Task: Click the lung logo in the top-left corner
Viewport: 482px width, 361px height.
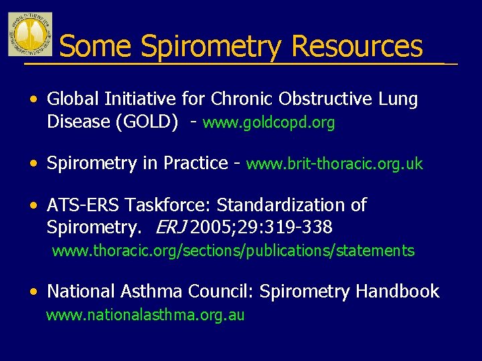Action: (x=29, y=33)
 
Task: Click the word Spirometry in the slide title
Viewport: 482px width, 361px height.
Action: (x=212, y=47)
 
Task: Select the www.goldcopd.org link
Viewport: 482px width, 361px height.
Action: (x=268, y=123)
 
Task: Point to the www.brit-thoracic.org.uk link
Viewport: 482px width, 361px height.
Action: (x=335, y=164)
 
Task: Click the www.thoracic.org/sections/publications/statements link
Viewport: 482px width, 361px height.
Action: (x=233, y=251)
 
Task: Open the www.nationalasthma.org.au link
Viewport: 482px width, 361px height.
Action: (x=145, y=315)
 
